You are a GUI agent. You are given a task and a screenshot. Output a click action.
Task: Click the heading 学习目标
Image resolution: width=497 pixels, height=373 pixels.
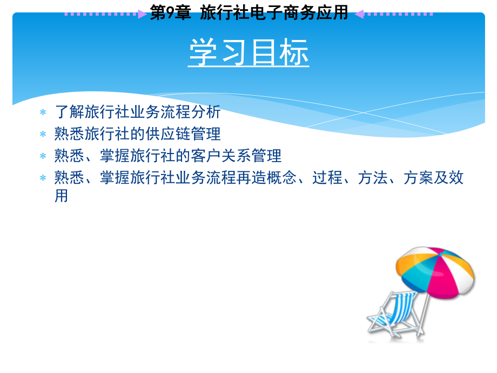[249, 54]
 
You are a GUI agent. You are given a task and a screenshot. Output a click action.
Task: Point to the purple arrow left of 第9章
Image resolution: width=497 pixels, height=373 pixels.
[142, 14]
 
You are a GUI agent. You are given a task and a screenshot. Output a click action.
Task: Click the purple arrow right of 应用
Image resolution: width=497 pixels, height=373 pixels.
[359, 14]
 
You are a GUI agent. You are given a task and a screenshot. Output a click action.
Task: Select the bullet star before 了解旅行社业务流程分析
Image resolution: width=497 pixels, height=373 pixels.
[43, 112]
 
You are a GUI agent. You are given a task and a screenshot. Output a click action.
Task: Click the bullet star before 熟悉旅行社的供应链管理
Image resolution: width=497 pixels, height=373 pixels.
[43, 134]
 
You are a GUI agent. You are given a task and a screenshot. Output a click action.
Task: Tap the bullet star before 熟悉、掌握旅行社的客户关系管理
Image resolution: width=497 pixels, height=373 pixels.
[43, 156]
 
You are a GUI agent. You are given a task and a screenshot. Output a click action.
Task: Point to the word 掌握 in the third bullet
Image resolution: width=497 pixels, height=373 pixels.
[115, 156]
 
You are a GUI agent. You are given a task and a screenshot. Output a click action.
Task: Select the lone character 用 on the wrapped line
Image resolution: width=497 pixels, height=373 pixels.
[62, 196]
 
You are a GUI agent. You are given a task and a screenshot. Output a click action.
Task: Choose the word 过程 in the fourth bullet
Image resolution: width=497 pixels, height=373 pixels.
[327, 178]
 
